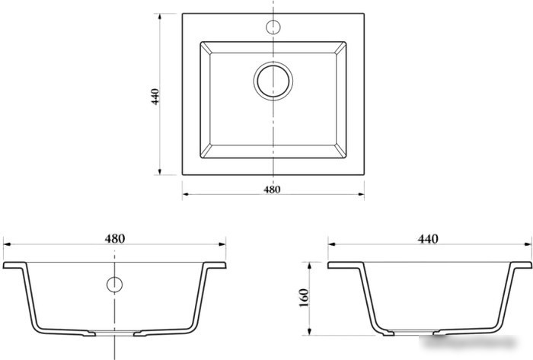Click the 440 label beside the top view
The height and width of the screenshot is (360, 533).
point(155,97)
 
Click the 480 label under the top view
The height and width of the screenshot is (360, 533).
point(272,190)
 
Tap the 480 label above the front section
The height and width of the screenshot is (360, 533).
point(115,238)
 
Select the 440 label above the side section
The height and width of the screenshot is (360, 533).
point(428,239)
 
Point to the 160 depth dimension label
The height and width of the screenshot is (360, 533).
point(304,298)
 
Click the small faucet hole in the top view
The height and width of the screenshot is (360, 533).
point(273,27)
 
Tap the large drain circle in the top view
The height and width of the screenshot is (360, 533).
point(273,81)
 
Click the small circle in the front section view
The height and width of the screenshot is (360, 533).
point(114,285)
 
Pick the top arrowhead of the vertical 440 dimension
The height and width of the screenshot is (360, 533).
point(160,17)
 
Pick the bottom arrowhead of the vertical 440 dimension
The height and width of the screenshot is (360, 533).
point(160,172)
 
